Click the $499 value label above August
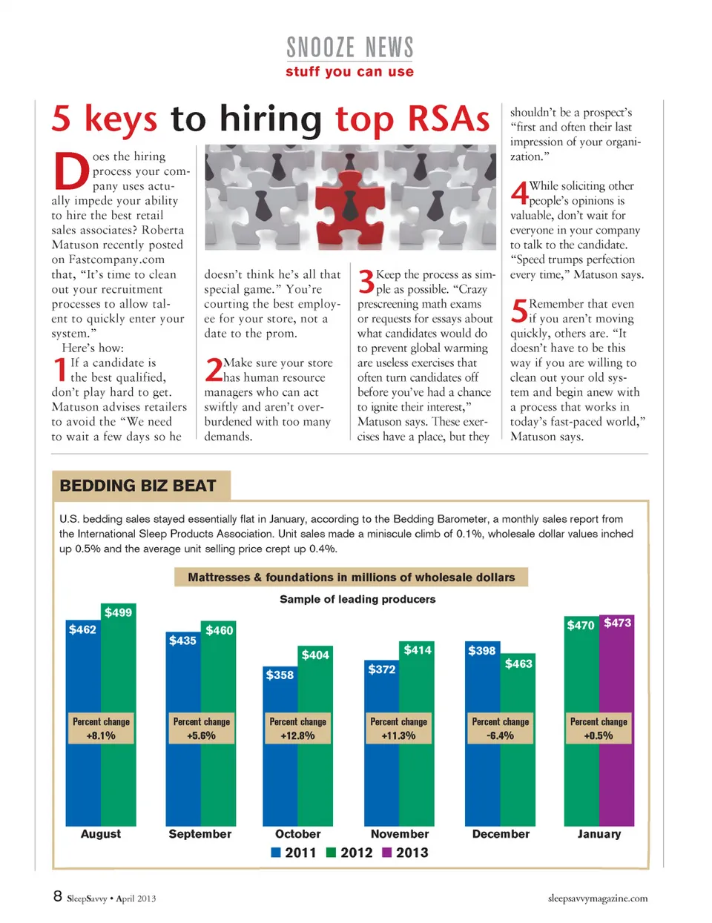(118, 612)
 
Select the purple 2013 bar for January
(617, 778)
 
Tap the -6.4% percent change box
(501, 729)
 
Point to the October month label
(297, 834)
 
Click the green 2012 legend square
(332, 853)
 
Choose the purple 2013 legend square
(386, 853)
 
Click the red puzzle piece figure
(350, 199)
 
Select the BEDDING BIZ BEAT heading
(138, 486)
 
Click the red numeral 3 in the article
(366, 282)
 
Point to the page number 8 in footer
(57, 896)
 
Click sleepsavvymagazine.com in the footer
(597, 899)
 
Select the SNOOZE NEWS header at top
(349, 48)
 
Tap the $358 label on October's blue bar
(280, 675)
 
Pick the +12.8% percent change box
(297, 729)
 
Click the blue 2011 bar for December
(482, 778)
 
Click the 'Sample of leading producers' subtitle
(357, 599)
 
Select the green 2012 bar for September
(219, 778)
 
